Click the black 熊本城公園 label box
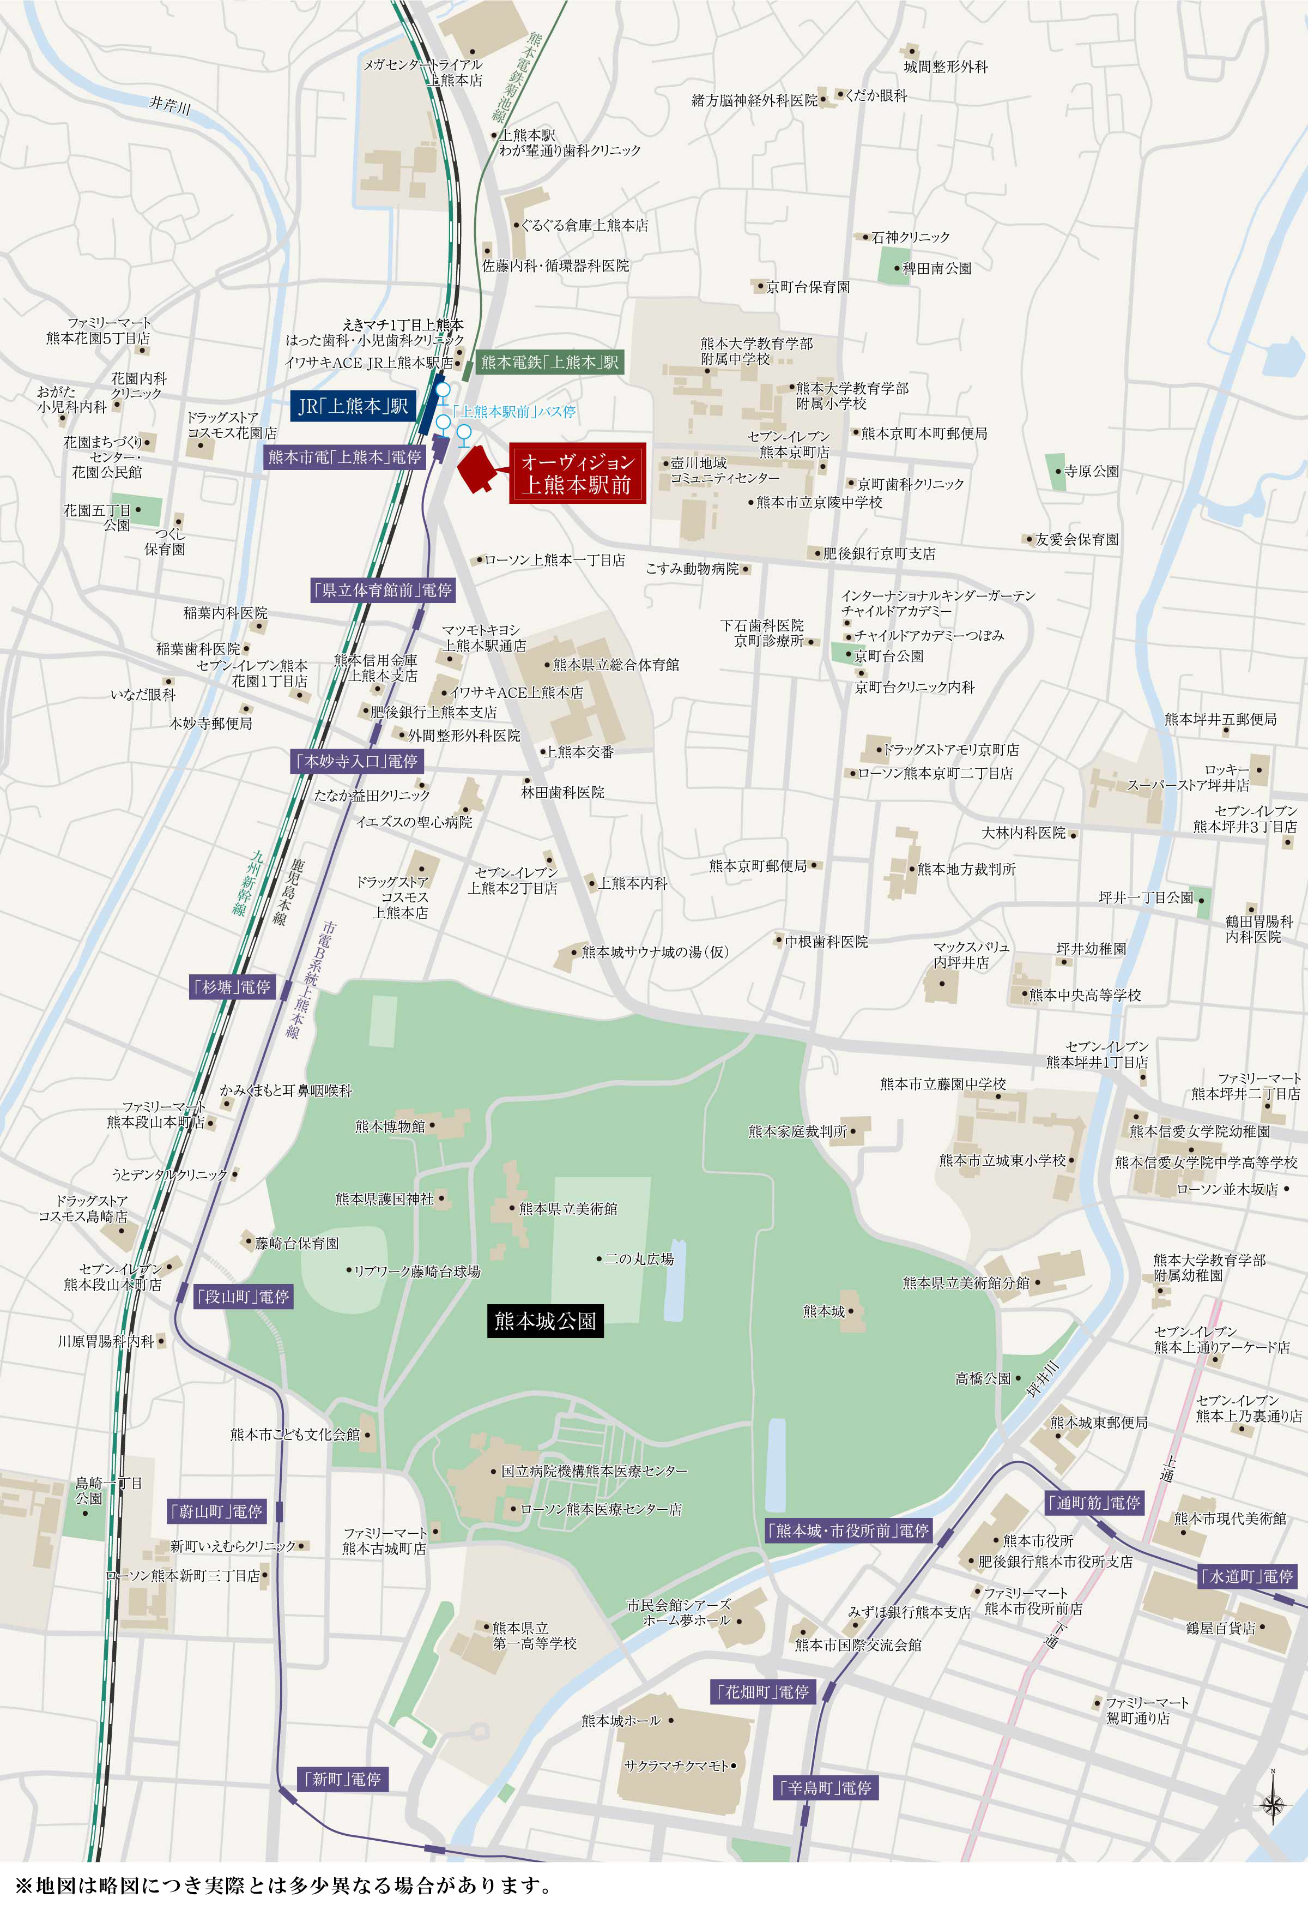click(544, 1320)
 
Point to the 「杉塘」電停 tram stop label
click(233, 986)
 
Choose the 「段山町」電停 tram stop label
click(243, 1296)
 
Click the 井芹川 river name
click(170, 104)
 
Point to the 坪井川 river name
click(1044, 1379)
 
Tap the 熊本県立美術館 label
click(568, 1208)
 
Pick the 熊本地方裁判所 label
click(966, 869)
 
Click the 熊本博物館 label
click(390, 1125)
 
